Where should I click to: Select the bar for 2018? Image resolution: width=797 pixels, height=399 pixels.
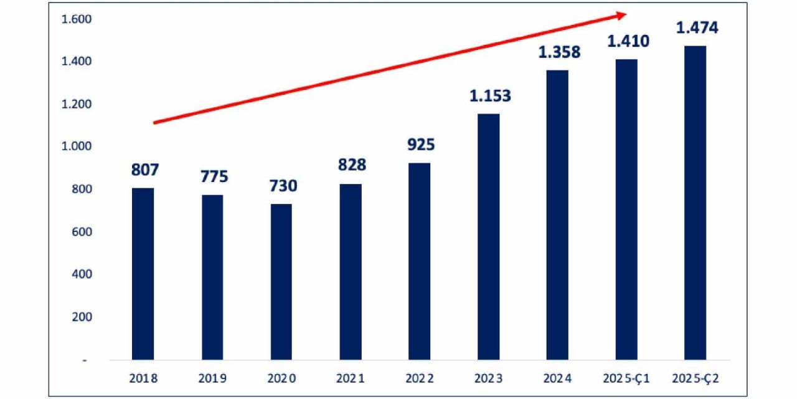coord(143,274)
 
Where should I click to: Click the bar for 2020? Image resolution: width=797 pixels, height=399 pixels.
coord(281,282)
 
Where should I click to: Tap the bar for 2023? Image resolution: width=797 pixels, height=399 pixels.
coord(488,237)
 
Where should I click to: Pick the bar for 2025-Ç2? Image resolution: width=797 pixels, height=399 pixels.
coord(695,203)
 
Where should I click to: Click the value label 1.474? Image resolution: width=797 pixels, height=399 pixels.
coord(697,28)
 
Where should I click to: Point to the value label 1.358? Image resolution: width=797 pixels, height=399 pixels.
coord(559,52)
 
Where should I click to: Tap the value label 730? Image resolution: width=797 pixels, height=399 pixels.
coord(283,186)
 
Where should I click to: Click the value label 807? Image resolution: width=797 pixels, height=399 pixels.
coord(145,170)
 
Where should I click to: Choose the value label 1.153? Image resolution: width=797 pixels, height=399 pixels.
coord(490,96)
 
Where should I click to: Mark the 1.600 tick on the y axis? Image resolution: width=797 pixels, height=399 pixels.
coord(76,19)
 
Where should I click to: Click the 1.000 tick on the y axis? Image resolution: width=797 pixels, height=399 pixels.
coord(76,147)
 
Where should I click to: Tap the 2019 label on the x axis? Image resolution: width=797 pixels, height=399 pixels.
coord(213,378)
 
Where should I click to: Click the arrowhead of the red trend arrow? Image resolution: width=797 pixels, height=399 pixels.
coord(620,15)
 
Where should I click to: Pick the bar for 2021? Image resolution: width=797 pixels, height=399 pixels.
coord(351,272)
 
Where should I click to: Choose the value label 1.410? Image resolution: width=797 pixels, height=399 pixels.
coord(628,42)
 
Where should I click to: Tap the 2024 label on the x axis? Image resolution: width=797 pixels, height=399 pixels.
coord(557,378)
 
